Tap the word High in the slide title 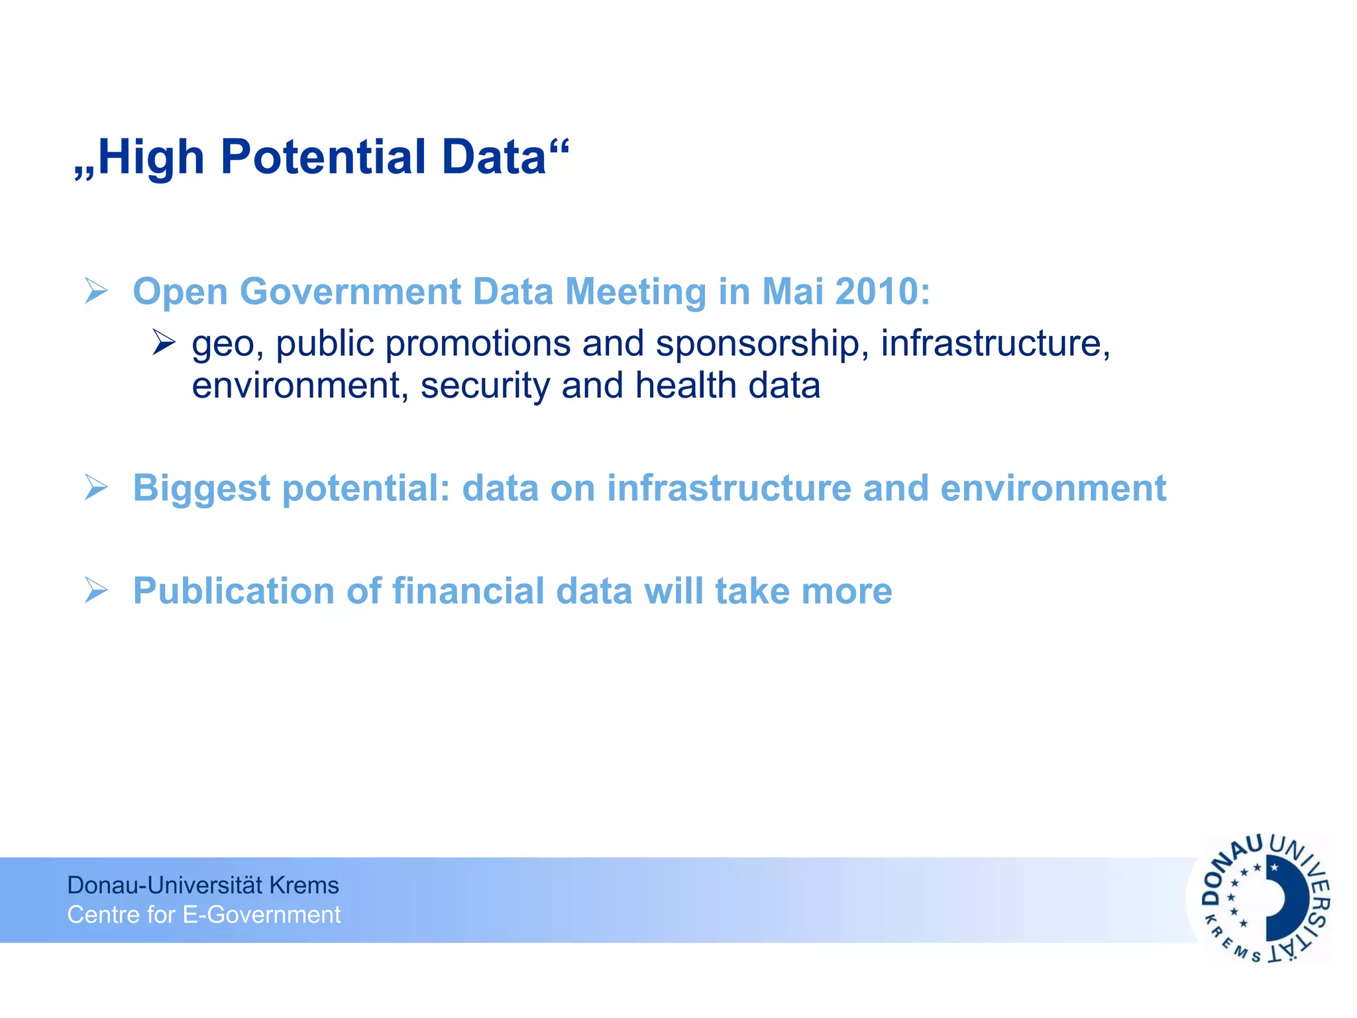(151, 158)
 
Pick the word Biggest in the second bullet (201, 489)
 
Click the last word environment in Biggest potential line (1053, 488)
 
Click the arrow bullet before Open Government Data (96, 292)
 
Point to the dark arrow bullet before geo (163, 343)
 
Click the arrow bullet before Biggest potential (96, 488)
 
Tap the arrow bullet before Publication (96, 591)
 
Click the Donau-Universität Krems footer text (203, 885)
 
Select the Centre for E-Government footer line (203, 915)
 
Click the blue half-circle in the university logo (1285, 899)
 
